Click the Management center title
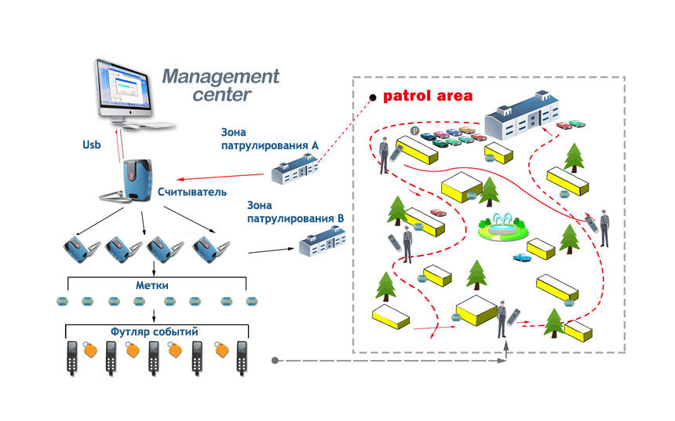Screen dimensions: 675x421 click(221, 86)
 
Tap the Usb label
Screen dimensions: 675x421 click(91, 145)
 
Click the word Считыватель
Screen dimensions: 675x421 click(192, 192)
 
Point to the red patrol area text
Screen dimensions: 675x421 click(428, 96)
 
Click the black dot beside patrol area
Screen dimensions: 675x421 click(373, 98)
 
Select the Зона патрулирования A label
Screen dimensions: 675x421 click(270, 139)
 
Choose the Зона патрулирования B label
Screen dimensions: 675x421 click(295, 211)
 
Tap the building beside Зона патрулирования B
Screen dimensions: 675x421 click(323, 241)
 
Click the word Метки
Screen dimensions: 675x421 click(152, 285)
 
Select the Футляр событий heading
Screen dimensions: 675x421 click(154, 331)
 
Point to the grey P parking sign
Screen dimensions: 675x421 click(414, 130)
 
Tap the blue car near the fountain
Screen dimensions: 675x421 click(522, 258)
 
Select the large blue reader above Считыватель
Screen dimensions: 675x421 click(137, 181)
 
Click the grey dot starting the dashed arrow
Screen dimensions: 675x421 click(275, 361)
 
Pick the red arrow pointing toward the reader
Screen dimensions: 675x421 click(220, 177)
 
